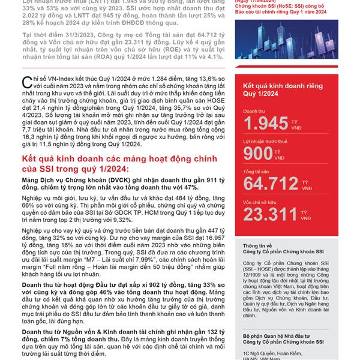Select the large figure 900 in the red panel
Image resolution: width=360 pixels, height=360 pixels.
[259, 154]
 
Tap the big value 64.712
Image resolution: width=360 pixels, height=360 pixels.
[269, 184]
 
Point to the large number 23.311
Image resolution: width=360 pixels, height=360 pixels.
[270, 215]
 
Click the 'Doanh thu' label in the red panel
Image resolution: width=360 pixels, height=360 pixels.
[253, 112]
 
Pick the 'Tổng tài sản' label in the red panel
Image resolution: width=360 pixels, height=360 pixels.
[257, 172]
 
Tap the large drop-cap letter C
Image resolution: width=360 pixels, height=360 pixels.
[25, 83]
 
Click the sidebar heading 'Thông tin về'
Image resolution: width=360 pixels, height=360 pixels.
[257, 246]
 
